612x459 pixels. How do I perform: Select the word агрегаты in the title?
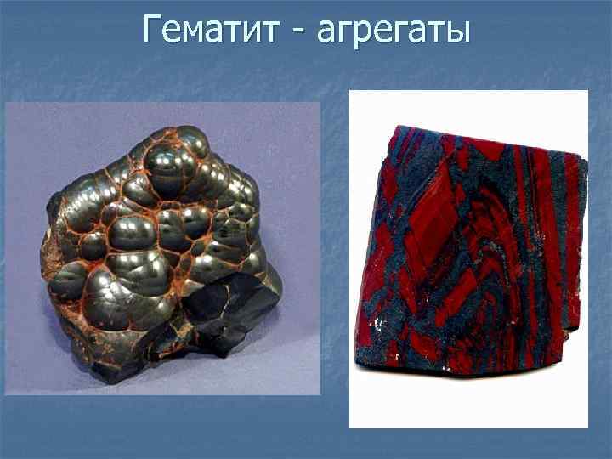(x=390, y=31)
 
